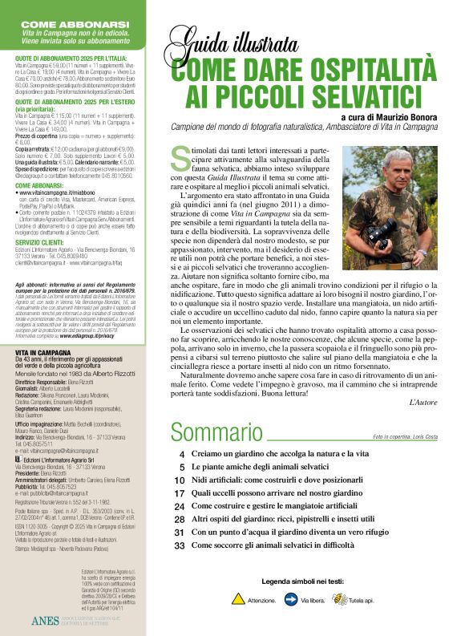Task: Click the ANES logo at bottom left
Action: [45, 621]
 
